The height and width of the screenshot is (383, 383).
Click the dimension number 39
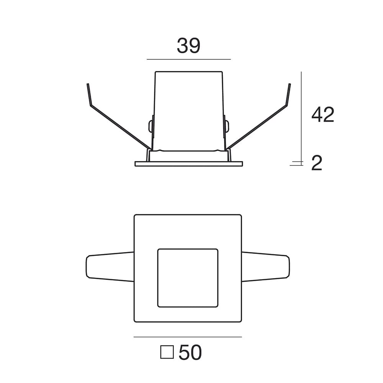(x=188, y=46)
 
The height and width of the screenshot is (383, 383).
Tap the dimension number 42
(x=322, y=115)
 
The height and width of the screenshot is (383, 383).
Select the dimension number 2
(x=317, y=163)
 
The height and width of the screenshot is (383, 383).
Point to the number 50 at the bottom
(x=190, y=352)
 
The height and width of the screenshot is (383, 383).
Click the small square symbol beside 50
(x=167, y=352)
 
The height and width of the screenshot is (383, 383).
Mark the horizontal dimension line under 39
(x=188, y=59)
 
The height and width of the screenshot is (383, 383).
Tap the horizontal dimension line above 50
(x=188, y=337)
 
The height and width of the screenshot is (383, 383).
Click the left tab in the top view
(x=110, y=267)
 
